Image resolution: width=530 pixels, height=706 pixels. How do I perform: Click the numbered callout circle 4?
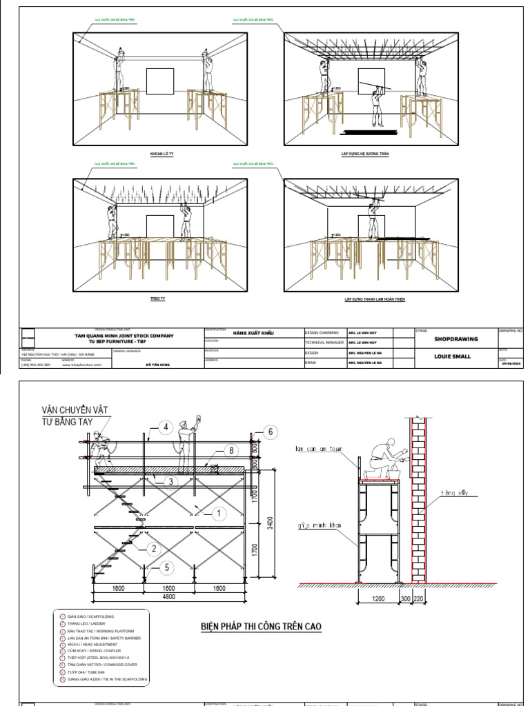(x=166, y=427)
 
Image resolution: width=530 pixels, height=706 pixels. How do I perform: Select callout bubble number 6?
(x=271, y=432)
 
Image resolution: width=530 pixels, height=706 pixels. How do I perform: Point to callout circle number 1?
(x=218, y=513)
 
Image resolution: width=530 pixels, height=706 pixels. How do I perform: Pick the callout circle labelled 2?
(x=153, y=549)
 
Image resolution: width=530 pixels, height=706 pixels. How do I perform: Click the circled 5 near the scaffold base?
(x=166, y=568)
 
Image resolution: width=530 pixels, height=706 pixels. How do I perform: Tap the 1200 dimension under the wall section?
(x=378, y=599)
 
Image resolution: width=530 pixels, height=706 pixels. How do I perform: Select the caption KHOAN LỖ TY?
(x=161, y=155)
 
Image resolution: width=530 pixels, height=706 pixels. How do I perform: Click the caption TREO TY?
(x=158, y=299)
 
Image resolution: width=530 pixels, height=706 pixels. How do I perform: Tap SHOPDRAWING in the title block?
(x=455, y=339)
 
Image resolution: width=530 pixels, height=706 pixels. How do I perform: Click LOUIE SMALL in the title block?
(x=453, y=356)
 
